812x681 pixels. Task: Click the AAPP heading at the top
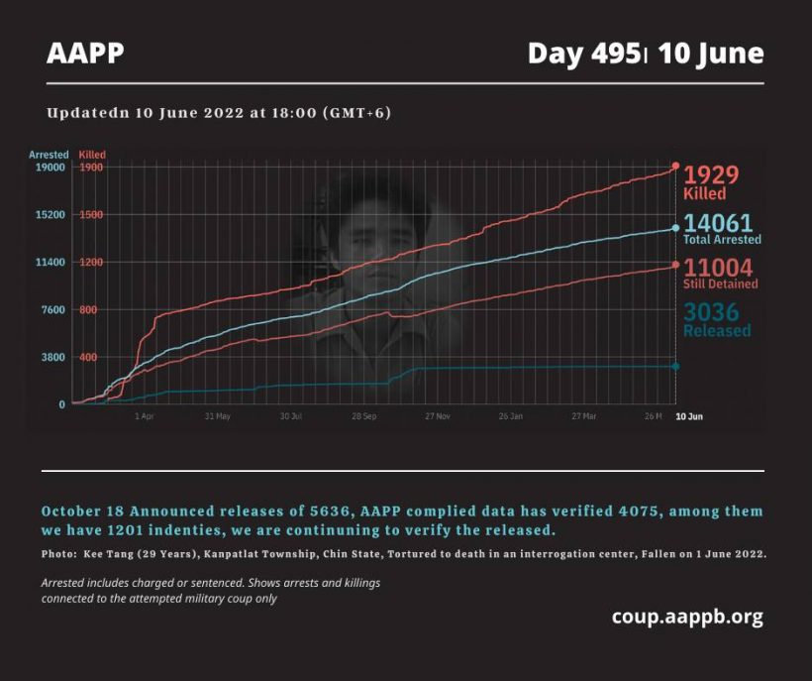tap(85, 54)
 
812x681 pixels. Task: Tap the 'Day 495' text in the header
tap(582, 54)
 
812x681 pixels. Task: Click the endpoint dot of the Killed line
tap(675, 166)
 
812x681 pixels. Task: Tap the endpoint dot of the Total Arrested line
tap(675, 228)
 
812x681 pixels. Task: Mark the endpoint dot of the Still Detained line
tap(675, 265)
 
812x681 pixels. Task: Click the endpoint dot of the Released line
tap(675, 367)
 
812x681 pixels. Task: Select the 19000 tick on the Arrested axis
tap(49, 168)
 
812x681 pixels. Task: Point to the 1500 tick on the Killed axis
tap(91, 215)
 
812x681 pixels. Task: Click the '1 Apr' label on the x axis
tap(145, 416)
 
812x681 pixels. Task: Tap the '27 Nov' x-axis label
tap(437, 416)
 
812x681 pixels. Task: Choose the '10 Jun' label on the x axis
tap(688, 416)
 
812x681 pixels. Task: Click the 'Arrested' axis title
tap(49, 155)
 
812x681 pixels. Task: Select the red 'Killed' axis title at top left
tap(92, 155)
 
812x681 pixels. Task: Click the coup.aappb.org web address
tap(687, 618)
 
